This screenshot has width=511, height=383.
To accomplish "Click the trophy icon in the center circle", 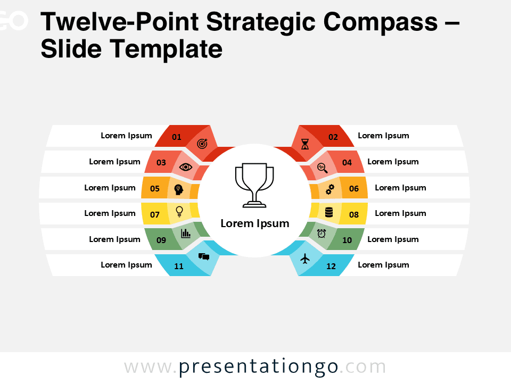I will point(255,185).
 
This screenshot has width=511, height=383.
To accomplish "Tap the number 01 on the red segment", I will point(177,137).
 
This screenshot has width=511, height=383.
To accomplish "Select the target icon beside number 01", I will point(202,144).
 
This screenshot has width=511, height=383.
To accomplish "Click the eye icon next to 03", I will point(186,166).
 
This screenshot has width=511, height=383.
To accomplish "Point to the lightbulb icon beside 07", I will point(179,211).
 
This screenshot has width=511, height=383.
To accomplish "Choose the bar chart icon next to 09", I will point(186,233).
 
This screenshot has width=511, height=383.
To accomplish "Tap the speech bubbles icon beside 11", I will point(204,256).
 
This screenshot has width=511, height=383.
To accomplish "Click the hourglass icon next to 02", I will point(305,144).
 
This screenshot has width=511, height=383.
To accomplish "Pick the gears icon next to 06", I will point(330,189).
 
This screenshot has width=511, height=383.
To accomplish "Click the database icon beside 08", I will point(329,213).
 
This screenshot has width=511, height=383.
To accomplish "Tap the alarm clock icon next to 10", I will point(322,233).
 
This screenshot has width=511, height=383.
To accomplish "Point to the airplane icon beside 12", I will point(305,259).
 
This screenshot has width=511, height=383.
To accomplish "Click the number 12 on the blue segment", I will point(331,266).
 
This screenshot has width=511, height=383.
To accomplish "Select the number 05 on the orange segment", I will point(155,188).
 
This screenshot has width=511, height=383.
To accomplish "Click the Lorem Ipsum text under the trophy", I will point(255,223).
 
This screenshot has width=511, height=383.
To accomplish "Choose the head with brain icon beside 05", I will point(179,189).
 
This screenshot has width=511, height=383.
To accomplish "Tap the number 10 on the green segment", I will point(347,240).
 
